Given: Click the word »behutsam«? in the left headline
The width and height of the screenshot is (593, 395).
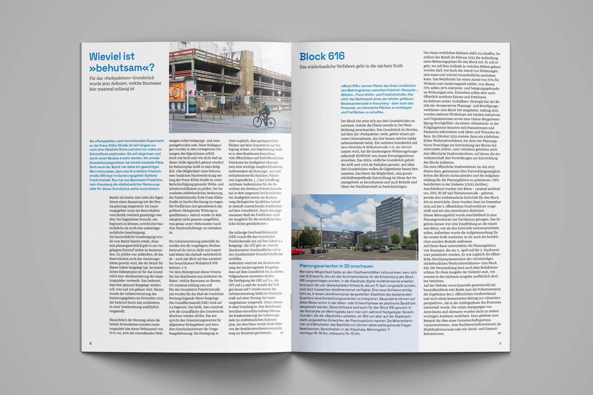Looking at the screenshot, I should (122, 68).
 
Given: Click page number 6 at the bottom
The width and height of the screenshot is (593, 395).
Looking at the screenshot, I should (90, 343).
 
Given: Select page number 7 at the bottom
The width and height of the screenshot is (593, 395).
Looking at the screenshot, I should (500, 343).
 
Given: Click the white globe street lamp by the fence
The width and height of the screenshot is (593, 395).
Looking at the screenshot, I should (248, 93).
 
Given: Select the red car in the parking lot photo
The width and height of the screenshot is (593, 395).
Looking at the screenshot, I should (298, 251).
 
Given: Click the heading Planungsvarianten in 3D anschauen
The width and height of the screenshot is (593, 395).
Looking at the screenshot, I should (336, 266).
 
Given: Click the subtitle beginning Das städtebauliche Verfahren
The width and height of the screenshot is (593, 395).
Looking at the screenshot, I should (351, 66).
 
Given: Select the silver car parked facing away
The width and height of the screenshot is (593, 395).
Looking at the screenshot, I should (384, 249).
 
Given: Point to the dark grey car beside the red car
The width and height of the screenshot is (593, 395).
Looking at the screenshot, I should (319, 250).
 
